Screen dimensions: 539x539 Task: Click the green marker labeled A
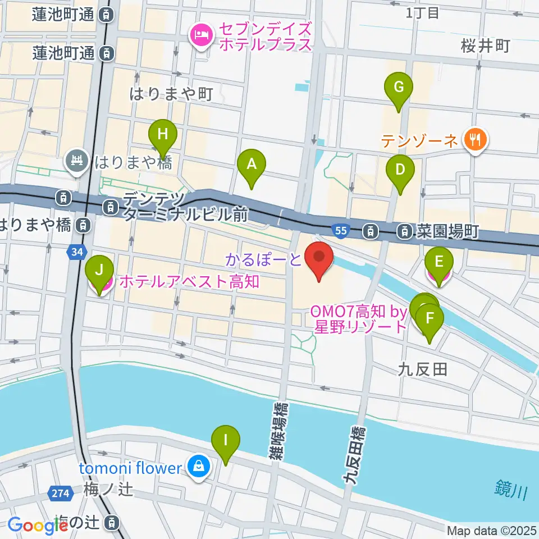(252, 165)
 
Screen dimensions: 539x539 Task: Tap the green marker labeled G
(399, 88)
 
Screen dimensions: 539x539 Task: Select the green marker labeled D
(400, 170)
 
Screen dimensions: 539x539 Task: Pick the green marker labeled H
(163, 135)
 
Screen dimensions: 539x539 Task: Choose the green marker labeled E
(439, 262)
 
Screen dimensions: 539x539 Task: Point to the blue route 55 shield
(340, 230)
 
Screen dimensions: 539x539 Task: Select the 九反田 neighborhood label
(422, 369)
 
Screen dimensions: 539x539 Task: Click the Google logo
(38, 526)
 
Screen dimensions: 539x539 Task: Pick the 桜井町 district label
(486, 46)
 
